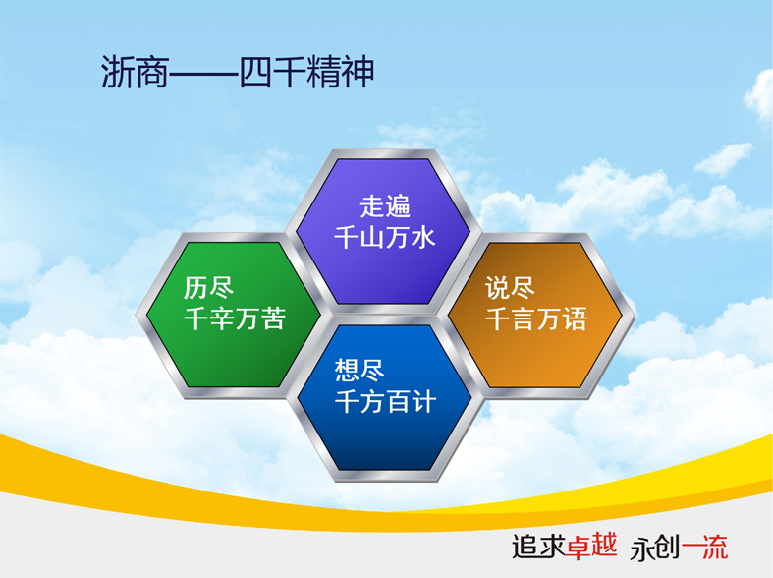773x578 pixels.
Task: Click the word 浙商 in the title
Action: pos(136,72)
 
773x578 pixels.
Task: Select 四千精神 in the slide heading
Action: pos(306,72)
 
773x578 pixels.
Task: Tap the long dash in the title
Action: pos(204,74)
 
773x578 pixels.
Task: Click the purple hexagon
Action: pos(384,232)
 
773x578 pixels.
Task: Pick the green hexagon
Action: pos(233,315)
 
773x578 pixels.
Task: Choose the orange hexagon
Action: pos(535,315)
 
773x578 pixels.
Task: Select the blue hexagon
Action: pos(385,397)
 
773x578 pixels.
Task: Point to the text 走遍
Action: pos(384,205)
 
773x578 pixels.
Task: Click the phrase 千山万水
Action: pos(384,237)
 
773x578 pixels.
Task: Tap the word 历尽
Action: pos(208,287)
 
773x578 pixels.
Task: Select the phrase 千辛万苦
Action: pos(235,318)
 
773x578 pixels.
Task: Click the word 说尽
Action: pos(510,287)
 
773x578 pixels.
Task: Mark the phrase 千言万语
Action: pos(536,318)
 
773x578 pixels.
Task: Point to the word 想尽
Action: pos(359,371)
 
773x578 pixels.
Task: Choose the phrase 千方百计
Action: pos(385,402)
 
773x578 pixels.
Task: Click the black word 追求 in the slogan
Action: pos(537,547)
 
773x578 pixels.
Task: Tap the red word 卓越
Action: pos(591,547)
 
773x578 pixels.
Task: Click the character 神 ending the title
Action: pos(357,72)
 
